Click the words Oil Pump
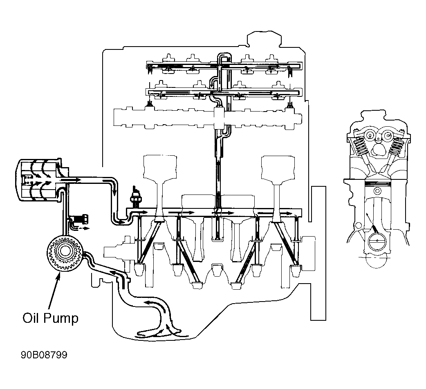click(x=51, y=318)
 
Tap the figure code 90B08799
click(x=44, y=355)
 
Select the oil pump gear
click(x=65, y=253)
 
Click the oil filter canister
click(x=38, y=180)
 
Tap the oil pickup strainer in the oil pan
click(x=159, y=333)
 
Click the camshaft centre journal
click(x=219, y=118)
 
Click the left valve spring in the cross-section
click(x=361, y=146)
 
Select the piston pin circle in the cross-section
click(x=377, y=191)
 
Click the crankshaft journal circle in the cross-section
click(x=377, y=241)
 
